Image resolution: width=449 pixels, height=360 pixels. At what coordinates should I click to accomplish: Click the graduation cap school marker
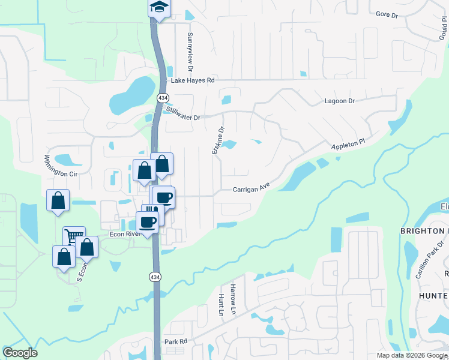(x=159, y=8)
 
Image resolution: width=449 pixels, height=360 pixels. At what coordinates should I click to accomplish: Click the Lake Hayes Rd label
(x=193, y=80)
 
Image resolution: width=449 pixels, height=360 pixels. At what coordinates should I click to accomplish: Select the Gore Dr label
(x=387, y=14)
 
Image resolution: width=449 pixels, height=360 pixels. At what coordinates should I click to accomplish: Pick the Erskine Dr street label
(x=218, y=140)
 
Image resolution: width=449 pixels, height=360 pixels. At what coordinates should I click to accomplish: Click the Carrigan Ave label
(x=252, y=188)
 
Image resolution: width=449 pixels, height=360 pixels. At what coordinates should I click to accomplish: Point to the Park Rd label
(x=176, y=341)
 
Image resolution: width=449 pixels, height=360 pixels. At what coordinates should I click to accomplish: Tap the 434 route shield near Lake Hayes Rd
(x=163, y=97)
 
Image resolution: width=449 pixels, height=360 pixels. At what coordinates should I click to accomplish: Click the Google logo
(x=20, y=353)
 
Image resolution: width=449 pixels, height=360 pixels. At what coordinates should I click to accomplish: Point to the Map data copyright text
(x=411, y=355)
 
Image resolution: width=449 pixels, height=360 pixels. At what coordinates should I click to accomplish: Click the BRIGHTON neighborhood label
(x=424, y=231)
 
